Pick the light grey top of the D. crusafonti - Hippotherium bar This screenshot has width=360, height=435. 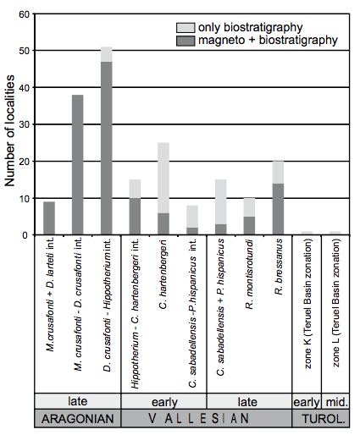pyautogui.click(x=106, y=54)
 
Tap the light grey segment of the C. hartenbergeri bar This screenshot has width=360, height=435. pyautogui.click(x=163, y=178)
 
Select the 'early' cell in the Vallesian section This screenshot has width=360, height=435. pyautogui.click(x=163, y=399)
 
